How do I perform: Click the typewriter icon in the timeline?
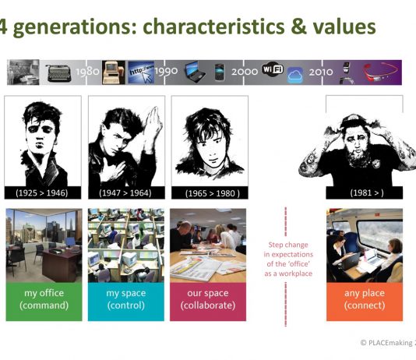coord(59,72)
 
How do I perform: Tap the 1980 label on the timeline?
coord(87,72)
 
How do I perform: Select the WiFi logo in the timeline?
coord(273,69)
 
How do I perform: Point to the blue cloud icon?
coord(295,75)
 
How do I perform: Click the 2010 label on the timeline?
coord(321,72)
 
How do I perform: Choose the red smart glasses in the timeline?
coord(381,72)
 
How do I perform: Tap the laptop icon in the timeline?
coord(196,72)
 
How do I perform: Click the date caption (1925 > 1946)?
coord(42,193)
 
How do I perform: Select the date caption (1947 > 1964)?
coord(125,193)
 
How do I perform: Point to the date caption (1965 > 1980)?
coord(212,193)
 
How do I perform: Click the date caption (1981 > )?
coord(367,192)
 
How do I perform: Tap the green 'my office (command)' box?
coord(44,302)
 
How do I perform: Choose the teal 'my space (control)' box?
coord(126,302)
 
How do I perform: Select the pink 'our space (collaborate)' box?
coord(208,302)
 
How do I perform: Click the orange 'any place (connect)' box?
coord(365,302)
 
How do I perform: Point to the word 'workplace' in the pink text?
coord(295,274)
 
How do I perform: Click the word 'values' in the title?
coord(344,26)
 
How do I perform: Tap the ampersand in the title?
coord(298,27)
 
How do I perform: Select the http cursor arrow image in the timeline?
coord(141,72)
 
